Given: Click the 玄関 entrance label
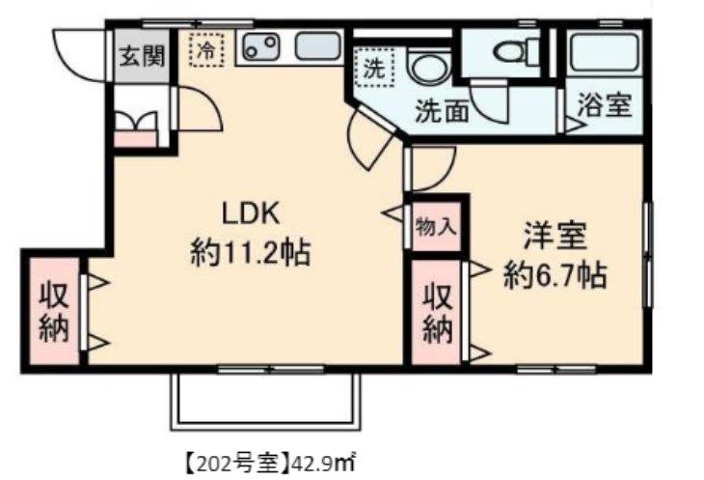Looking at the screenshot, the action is click(x=142, y=56).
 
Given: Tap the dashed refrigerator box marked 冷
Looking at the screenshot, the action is click(x=206, y=49).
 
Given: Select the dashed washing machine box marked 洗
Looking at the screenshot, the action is click(x=374, y=68).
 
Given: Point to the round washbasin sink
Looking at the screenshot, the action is click(x=429, y=68).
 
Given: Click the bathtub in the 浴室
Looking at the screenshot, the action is click(x=605, y=52).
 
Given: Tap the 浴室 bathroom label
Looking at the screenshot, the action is click(x=605, y=105).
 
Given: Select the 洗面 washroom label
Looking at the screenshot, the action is click(x=442, y=110).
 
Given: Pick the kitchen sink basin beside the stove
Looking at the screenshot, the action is click(x=317, y=46).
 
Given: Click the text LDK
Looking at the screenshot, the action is click(x=251, y=213).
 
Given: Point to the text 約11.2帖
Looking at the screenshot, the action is click(x=251, y=253).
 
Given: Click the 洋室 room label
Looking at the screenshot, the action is click(x=555, y=236).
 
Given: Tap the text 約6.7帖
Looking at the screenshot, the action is click(x=555, y=275).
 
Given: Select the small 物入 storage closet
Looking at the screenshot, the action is click(x=437, y=226).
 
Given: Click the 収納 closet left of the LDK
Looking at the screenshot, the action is click(x=54, y=311).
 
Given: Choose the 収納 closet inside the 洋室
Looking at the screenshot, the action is click(x=437, y=313).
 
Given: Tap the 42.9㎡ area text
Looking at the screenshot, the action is click(x=323, y=463).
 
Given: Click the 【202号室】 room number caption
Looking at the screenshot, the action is click(x=237, y=463).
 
